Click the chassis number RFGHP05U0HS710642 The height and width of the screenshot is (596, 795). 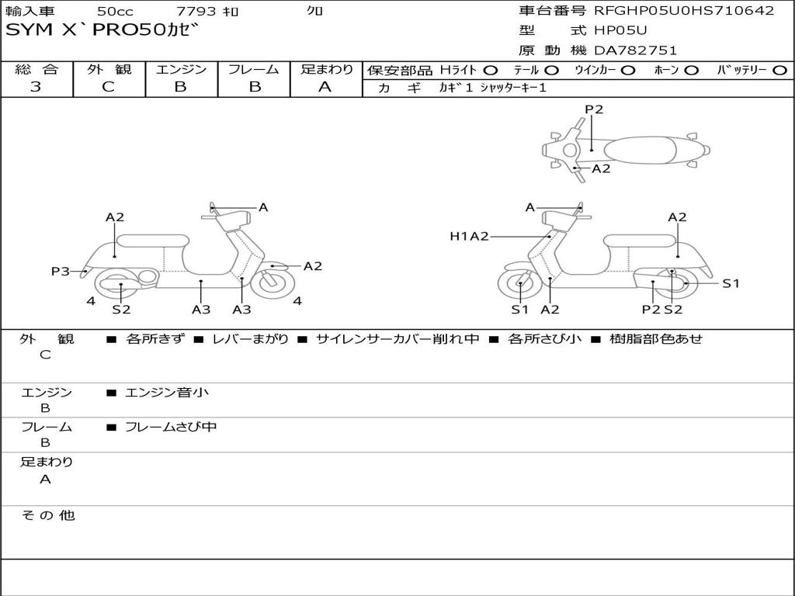pos(684,11)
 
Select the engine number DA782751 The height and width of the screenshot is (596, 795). pos(635,50)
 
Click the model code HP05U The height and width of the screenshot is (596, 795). pos(620,30)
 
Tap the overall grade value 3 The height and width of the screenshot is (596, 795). pos(36,87)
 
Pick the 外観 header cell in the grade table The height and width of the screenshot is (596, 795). pos(109,69)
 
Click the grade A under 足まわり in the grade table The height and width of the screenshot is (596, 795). pos(325,87)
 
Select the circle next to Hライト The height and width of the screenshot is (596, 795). pos(491,71)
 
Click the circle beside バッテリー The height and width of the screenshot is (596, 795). pos(780,71)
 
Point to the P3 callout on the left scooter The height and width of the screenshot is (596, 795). pos(61,271)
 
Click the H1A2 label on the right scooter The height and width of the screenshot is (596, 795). pos(469,236)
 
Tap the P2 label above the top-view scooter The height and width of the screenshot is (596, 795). pos(594,109)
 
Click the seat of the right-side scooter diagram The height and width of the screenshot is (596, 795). pos(641,241)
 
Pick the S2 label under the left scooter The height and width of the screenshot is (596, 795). pos(121,309)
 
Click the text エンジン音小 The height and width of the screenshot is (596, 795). pos(167,392)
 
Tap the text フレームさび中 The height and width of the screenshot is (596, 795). pos(171,428)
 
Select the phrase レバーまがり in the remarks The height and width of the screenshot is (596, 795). pos(251,339)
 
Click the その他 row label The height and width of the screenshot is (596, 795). pos(47,515)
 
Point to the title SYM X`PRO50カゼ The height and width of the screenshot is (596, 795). pos(102,30)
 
